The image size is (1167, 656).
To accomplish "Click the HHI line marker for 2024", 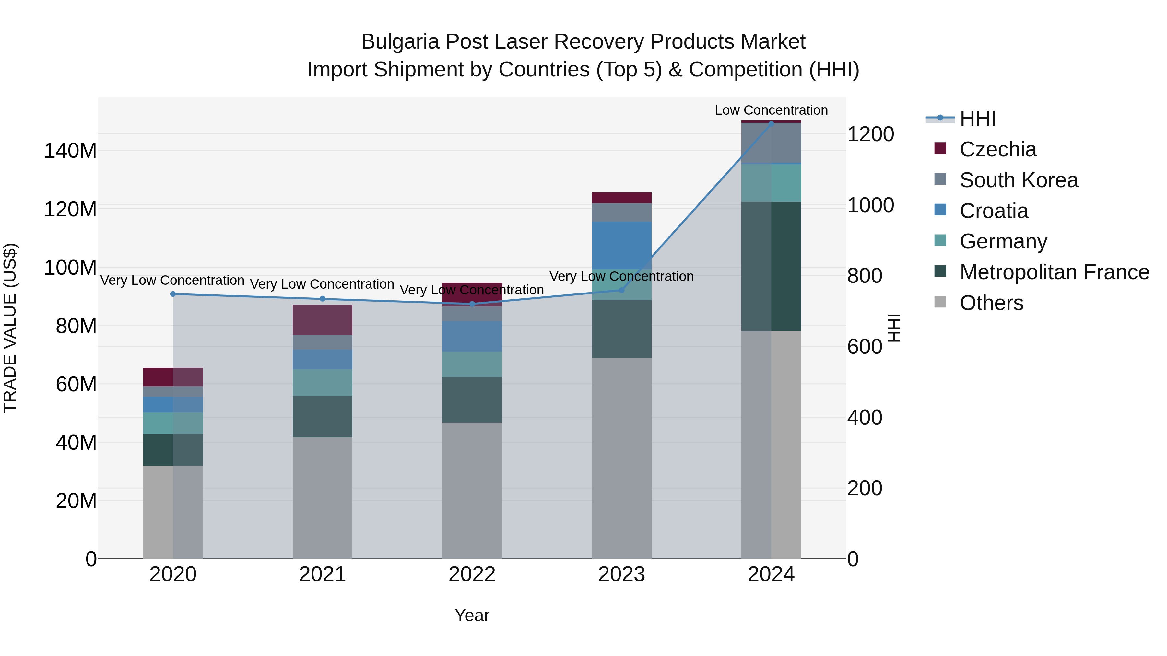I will (771, 124).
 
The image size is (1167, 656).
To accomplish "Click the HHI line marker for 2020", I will (172, 294).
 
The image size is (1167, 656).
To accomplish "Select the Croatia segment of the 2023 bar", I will (621, 245).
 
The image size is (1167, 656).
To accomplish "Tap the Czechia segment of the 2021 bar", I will (322, 320).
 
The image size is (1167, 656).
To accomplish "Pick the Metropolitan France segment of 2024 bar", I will (771, 266).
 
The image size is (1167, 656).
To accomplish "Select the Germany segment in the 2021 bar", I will (322, 383).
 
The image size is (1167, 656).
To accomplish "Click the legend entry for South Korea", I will (1019, 180).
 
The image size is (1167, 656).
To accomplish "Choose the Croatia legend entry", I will (994, 211).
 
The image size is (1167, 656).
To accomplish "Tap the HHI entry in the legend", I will (977, 119).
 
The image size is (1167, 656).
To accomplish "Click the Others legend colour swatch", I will (940, 302).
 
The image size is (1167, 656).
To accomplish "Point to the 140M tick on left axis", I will (70, 151).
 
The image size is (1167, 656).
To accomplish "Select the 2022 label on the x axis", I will (472, 574).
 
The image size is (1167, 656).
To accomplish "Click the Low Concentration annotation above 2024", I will (771, 110).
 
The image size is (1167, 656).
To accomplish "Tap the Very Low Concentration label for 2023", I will (621, 276).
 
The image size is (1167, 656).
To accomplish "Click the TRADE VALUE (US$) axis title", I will (10, 328).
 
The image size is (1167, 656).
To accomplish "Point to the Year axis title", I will (472, 615).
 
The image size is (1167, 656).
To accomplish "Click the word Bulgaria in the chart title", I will (400, 42).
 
